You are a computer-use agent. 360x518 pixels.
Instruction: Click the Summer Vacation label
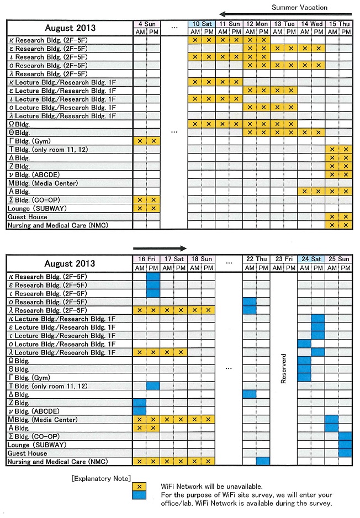click(299, 7)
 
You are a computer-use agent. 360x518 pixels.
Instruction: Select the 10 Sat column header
click(202, 24)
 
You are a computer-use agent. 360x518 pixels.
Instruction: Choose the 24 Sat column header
click(311, 259)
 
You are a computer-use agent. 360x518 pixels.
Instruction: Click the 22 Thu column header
click(257, 259)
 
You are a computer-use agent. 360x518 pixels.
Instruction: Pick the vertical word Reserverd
click(284, 368)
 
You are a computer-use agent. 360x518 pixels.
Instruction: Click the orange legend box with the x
click(140, 486)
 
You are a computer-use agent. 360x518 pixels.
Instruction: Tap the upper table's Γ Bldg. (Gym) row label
click(34, 141)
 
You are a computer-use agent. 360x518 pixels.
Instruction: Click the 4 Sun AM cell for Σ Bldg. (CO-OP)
click(140, 200)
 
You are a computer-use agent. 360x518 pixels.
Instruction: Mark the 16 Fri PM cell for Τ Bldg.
click(153, 386)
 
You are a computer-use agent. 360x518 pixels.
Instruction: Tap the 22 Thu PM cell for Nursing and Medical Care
click(263, 462)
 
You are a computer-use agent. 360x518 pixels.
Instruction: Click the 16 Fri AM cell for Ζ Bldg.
click(140, 403)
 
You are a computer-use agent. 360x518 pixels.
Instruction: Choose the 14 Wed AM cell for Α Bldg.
click(305, 192)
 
